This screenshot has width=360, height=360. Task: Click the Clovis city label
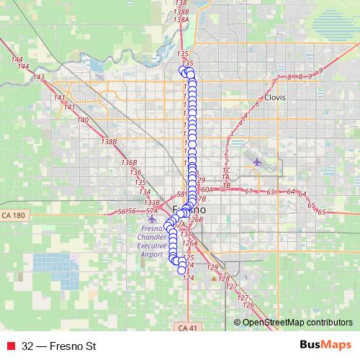[x=274, y=96]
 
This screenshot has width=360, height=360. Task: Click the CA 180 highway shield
[x=13, y=215]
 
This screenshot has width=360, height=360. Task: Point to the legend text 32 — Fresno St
[x=58, y=346]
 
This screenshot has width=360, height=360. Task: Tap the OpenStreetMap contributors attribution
[x=297, y=322]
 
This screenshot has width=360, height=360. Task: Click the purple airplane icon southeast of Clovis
[x=258, y=161]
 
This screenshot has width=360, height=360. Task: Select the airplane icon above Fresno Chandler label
[x=150, y=218]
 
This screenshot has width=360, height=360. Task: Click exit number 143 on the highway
[x=39, y=77]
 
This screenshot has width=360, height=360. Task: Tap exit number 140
[x=83, y=120]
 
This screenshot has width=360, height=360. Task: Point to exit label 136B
[x=129, y=163]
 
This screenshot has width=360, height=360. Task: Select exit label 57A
[x=151, y=211]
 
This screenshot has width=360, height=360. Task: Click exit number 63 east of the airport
[x=271, y=192]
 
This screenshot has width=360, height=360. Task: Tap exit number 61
[x=249, y=191]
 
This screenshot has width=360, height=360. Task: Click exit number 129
[x=212, y=267]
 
